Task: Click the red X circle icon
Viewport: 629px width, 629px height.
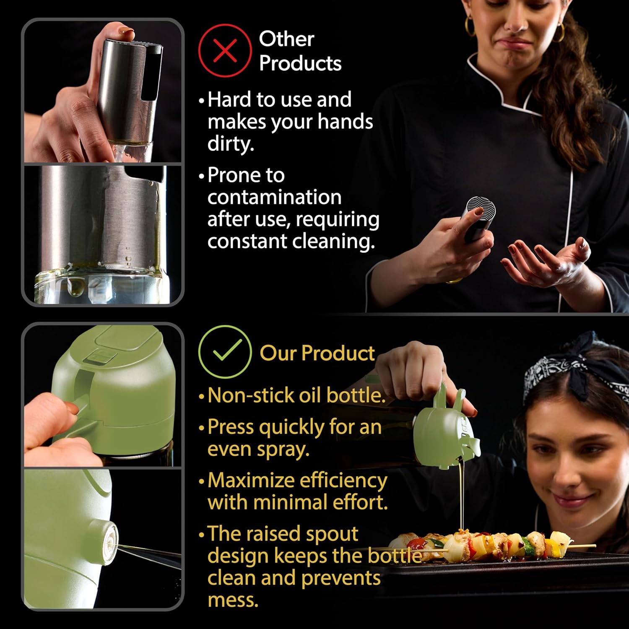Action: coord(225,51)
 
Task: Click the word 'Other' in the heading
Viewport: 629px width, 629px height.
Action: coord(286,39)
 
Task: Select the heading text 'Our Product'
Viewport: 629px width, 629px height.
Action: coord(317,353)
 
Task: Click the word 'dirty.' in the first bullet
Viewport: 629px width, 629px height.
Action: coord(231,144)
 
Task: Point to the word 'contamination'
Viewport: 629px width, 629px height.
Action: coord(274,197)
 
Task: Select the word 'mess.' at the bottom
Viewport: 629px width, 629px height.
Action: coord(233,600)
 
